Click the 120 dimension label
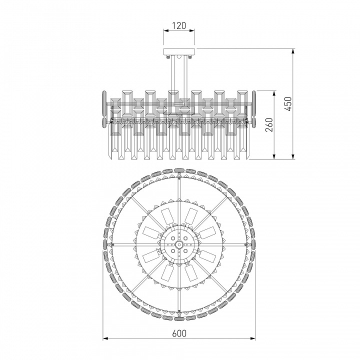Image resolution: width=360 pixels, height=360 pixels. (179, 25)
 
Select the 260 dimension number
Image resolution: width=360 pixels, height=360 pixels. (269, 125)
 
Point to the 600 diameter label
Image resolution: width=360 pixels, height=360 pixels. (179, 333)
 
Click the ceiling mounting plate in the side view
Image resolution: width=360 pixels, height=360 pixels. (179, 51)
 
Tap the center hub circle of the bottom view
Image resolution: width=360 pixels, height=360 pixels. (179, 244)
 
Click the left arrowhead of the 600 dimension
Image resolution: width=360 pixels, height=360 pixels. (105, 338)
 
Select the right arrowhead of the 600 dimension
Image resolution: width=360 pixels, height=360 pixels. (252, 338)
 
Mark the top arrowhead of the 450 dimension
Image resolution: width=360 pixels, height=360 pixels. (293, 51)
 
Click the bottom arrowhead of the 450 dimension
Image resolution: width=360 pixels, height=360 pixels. (293, 156)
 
